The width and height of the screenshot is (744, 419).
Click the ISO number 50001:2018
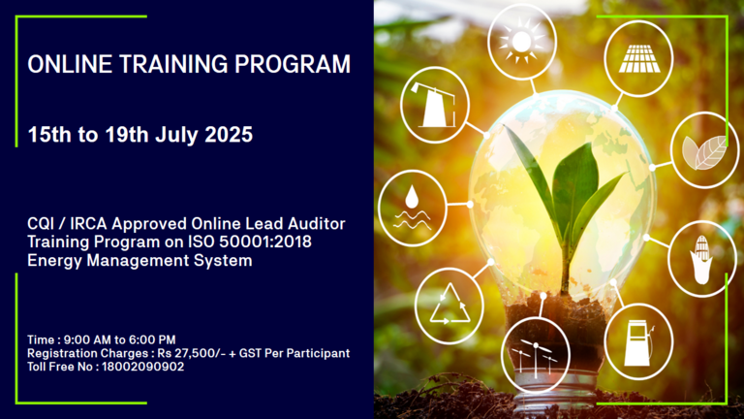click(x=265, y=242)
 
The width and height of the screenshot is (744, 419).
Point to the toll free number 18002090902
click(x=142, y=367)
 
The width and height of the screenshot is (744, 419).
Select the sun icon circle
click(x=521, y=42)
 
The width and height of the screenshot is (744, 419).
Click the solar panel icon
click(x=639, y=58)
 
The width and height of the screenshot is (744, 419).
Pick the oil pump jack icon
click(x=434, y=105)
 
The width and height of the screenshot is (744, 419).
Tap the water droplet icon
click(x=412, y=208)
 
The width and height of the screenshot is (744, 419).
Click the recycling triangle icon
click(x=449, y=305)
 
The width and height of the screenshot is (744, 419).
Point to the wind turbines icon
click(x=535, y=355)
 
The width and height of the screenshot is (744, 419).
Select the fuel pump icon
click(x=638, y=343)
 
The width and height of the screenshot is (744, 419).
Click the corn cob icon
click(x=701, y=259)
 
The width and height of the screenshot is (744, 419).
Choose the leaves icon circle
click(x=704, y=150)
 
